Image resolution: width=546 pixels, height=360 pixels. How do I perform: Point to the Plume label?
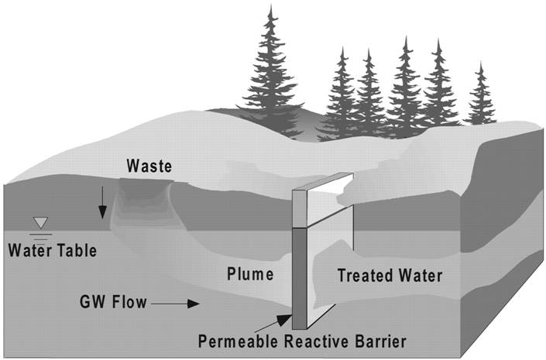(249, 274)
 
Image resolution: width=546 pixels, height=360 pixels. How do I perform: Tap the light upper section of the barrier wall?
(300, 207)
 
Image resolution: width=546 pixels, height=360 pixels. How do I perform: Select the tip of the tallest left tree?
(270, 7)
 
